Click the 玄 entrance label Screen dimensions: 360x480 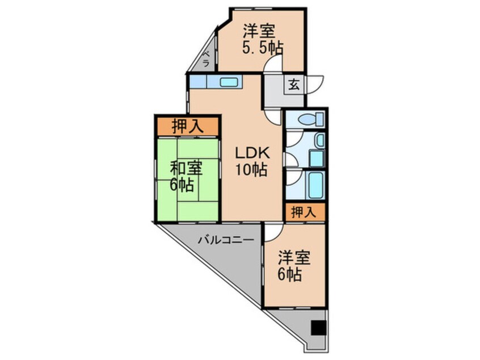(x=293, y=85)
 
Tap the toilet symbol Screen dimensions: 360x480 (x=311, y=119)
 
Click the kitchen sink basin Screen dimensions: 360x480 (x=228, y=82)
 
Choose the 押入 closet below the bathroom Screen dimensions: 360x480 (x=304, y=213)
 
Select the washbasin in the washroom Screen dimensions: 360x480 (x=320, y=140)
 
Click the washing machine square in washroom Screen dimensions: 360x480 (x=316, y=158)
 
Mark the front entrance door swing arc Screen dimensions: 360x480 (x=314, y=85)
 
